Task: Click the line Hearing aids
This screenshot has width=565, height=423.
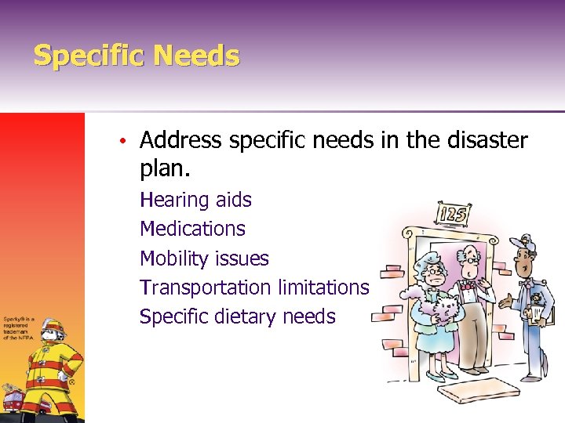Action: click(195, 200)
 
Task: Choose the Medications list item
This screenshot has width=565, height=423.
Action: click(192, 229)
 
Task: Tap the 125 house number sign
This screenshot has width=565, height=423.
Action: click(453, 213)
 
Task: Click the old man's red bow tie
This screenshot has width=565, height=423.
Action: click(470, 287)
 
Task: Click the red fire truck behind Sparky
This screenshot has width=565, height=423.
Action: click(14, 399)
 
